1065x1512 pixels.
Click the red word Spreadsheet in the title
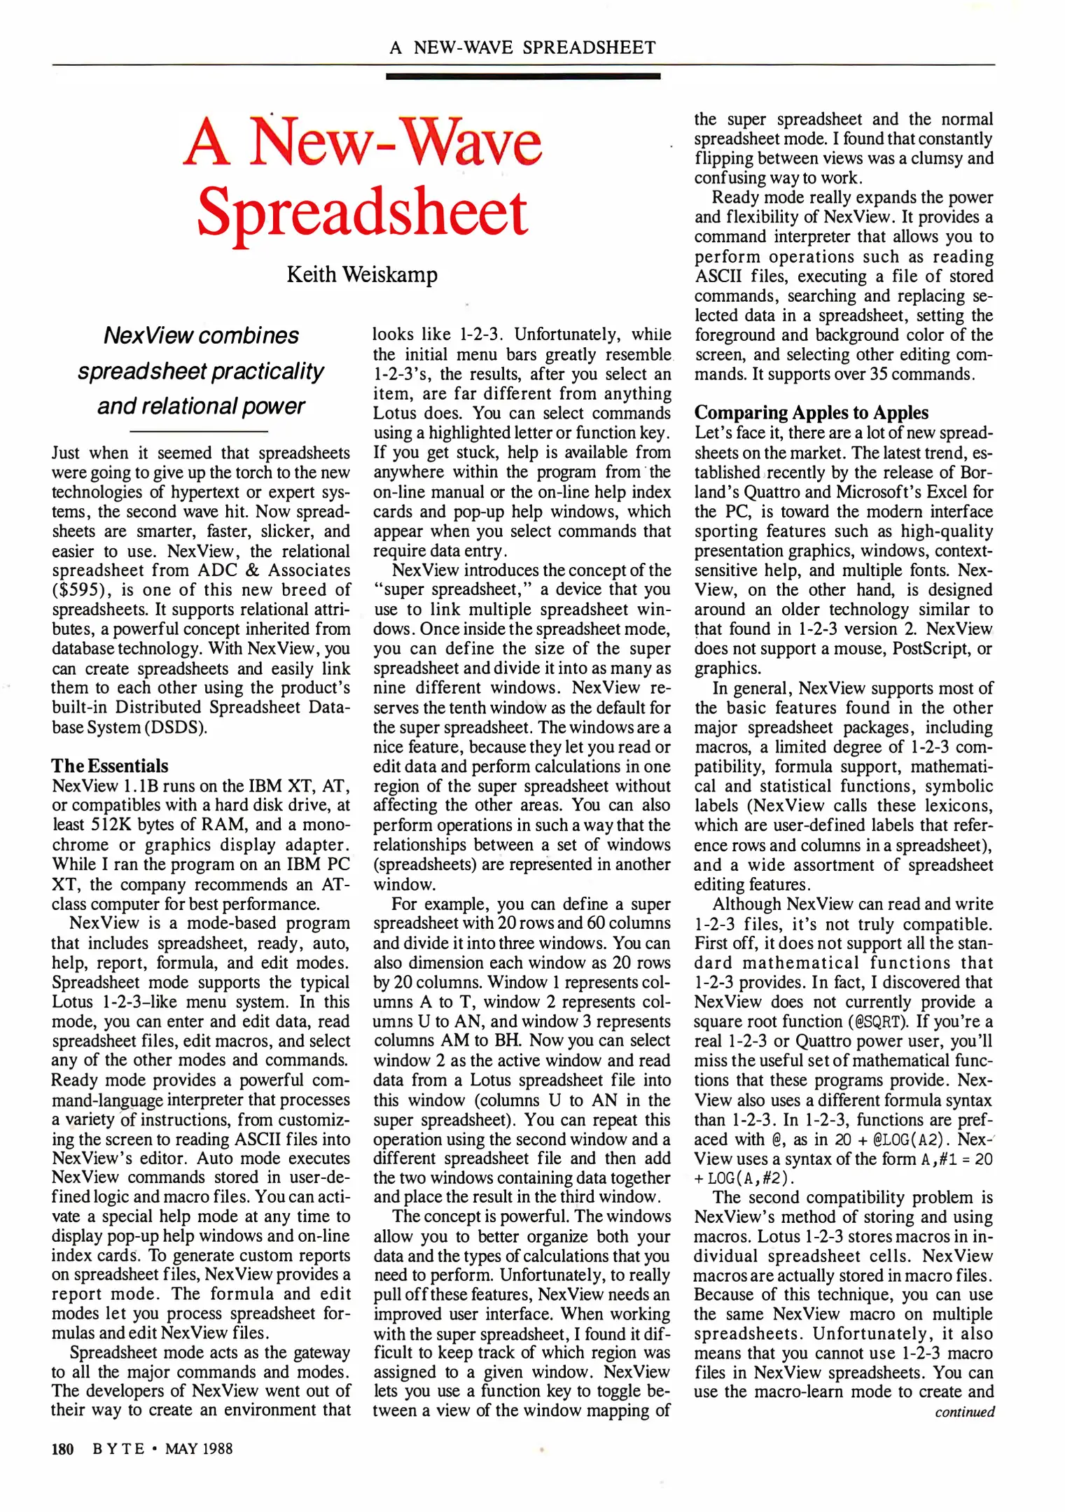(362, 212)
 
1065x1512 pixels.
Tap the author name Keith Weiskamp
(362, 274)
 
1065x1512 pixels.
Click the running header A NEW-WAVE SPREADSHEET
(523, 48)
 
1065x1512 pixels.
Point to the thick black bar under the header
(523, 76)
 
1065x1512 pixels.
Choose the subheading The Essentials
(110, 765)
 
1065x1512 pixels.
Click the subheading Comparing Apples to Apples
(812, 412)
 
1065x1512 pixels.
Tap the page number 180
(63, 1448)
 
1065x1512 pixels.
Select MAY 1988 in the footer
(199, 1448)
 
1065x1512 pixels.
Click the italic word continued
(964, 1411)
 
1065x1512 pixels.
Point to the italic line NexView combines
(201, 335)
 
